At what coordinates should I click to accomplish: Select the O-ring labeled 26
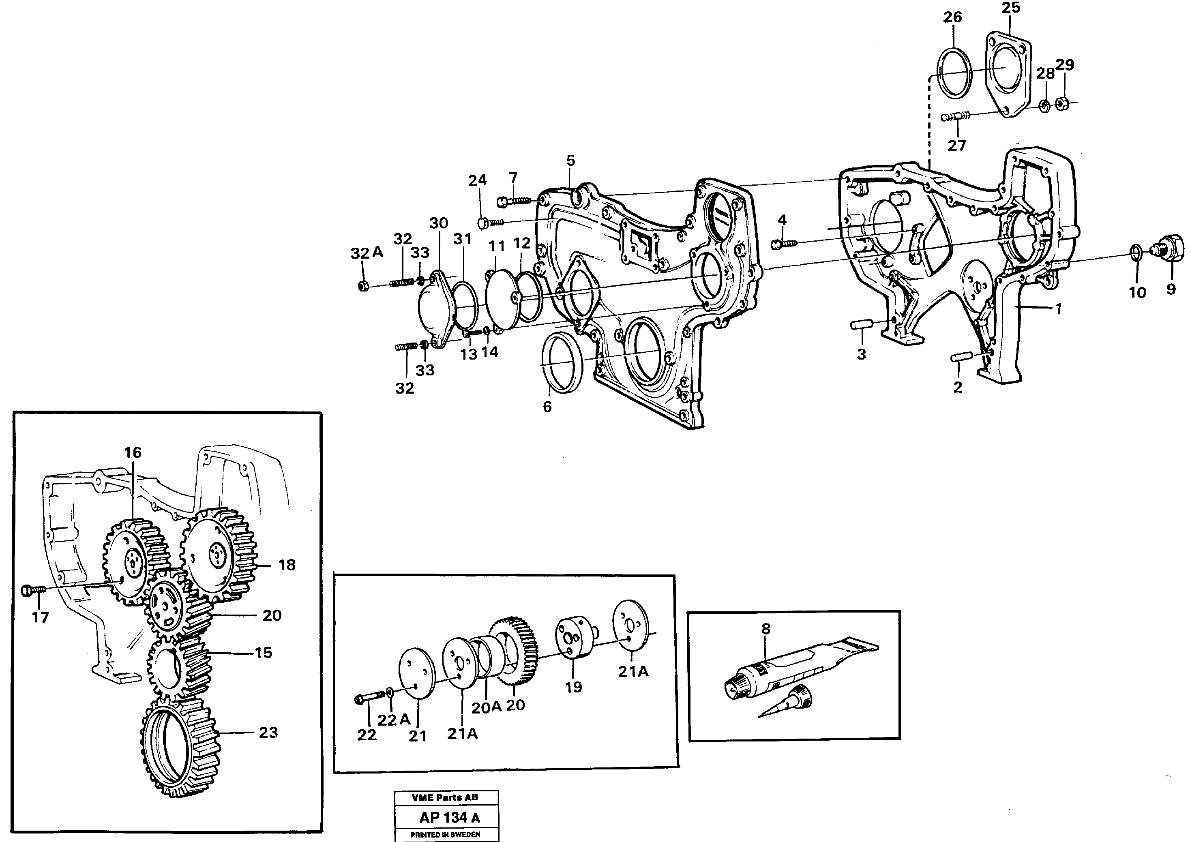point(954,72)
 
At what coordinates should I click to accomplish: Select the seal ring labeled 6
point(562,362)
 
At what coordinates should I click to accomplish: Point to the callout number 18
point(287,565)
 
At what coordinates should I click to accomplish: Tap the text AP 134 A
point(449,818)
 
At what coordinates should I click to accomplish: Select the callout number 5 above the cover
point(570,161)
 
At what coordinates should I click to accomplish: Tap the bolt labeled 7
point(513,200)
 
